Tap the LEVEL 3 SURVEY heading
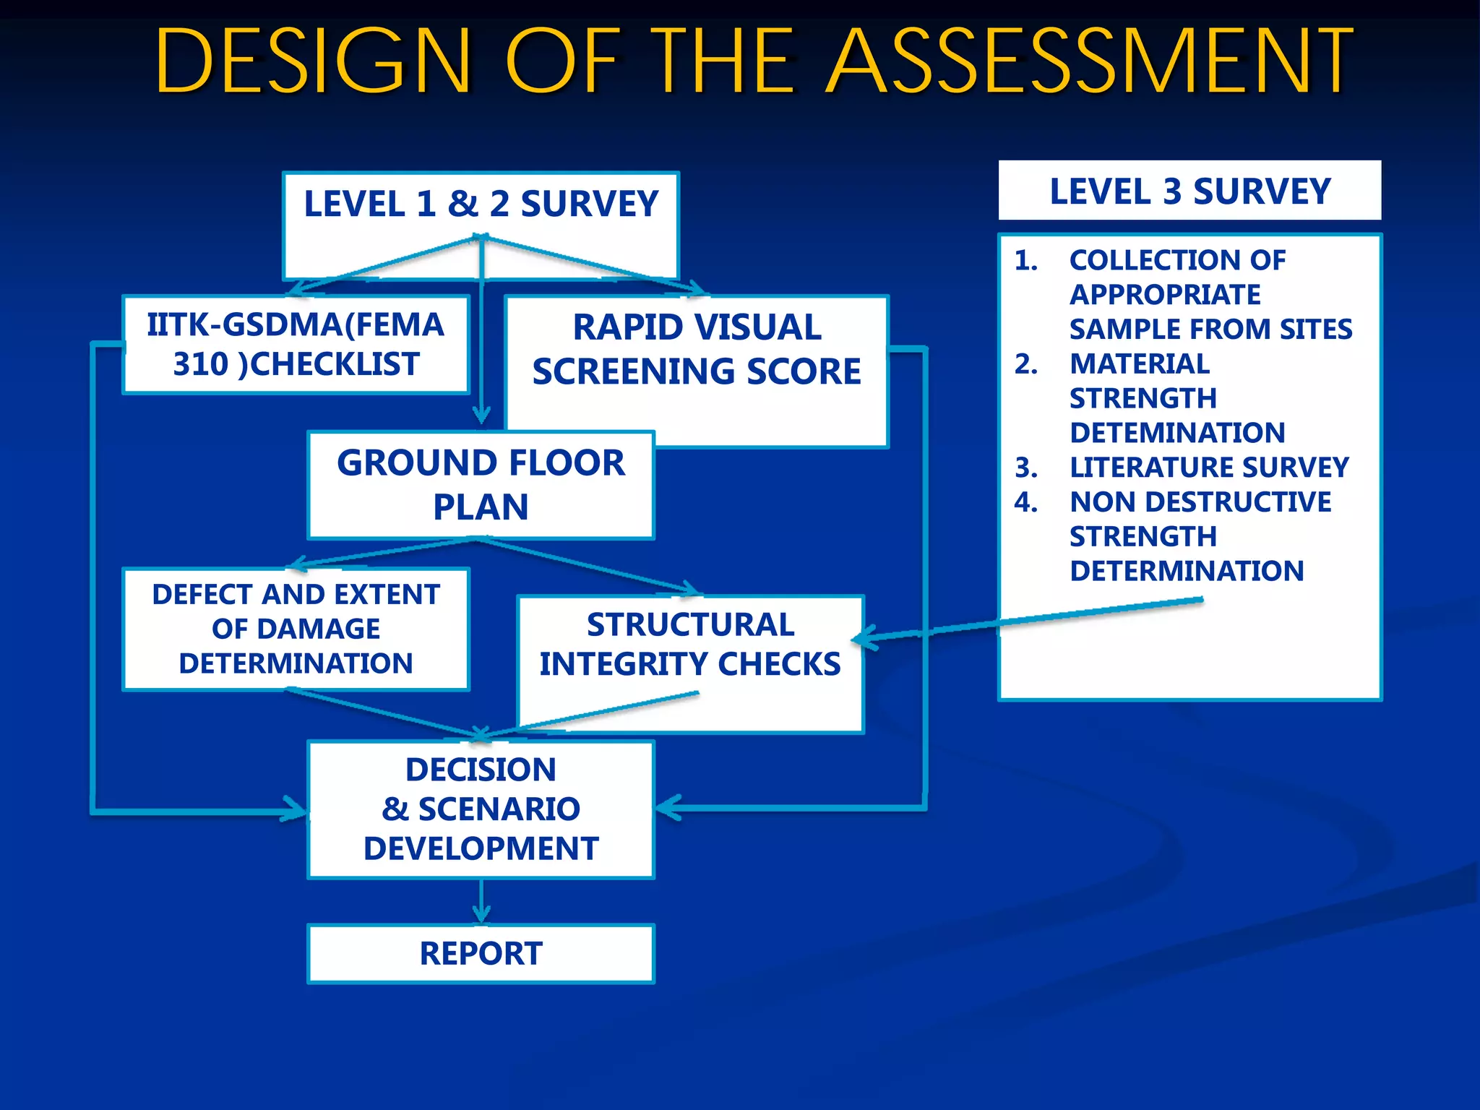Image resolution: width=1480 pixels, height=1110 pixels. tap(1189, 192)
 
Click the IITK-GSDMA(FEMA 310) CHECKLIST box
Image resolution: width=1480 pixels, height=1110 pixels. tap(296, 345)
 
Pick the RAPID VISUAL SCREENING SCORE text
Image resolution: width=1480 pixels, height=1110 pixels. tap(697, 349)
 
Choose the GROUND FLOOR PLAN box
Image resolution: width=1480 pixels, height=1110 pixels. tap(481, 484)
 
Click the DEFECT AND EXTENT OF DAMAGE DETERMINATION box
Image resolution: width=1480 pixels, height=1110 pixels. tap(296, 629)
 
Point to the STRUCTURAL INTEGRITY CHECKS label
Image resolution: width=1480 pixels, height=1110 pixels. tap(690, 644)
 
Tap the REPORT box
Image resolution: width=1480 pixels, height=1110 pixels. tap(481, 953)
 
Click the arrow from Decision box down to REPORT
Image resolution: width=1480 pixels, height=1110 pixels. tap(481, 902)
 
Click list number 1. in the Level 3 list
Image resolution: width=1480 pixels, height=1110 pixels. tap(1026, 260)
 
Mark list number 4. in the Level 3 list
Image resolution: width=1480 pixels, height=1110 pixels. tap(1026, 502)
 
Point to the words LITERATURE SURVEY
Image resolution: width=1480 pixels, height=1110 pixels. tap(1209, 468)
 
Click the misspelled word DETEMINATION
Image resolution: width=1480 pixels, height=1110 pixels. tap(1177, 433)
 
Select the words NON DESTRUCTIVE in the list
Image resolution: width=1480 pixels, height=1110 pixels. tap(1200, 502)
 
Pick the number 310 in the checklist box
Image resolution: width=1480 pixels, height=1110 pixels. tap(200, 364)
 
